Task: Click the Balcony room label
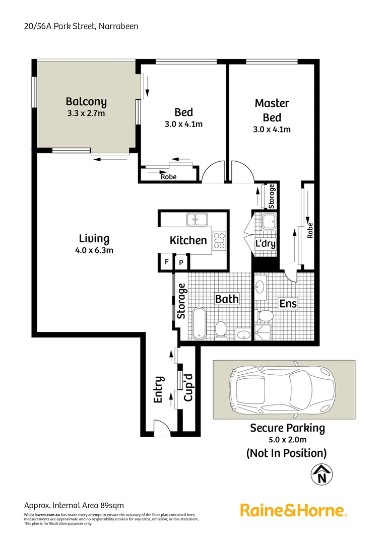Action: tap(86, 102)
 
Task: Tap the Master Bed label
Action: tap(272, 110)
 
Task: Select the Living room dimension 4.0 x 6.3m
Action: tap(94, 250)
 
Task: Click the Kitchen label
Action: tap(188, 240)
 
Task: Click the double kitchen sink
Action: tap(198, 219)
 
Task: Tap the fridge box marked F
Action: tap(166, 262)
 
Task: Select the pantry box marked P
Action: tap(180, 262)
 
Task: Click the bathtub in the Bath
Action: tap(198, 322)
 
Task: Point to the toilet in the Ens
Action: tap(265, 316)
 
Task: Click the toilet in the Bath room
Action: tap(220, 329)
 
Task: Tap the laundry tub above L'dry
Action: tap(268, 221)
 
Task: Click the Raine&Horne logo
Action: tap(293, 511)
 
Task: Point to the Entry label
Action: tap(158, 389)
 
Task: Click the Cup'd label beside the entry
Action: tap(188, 387)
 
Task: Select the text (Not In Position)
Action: tap(286, 453)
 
